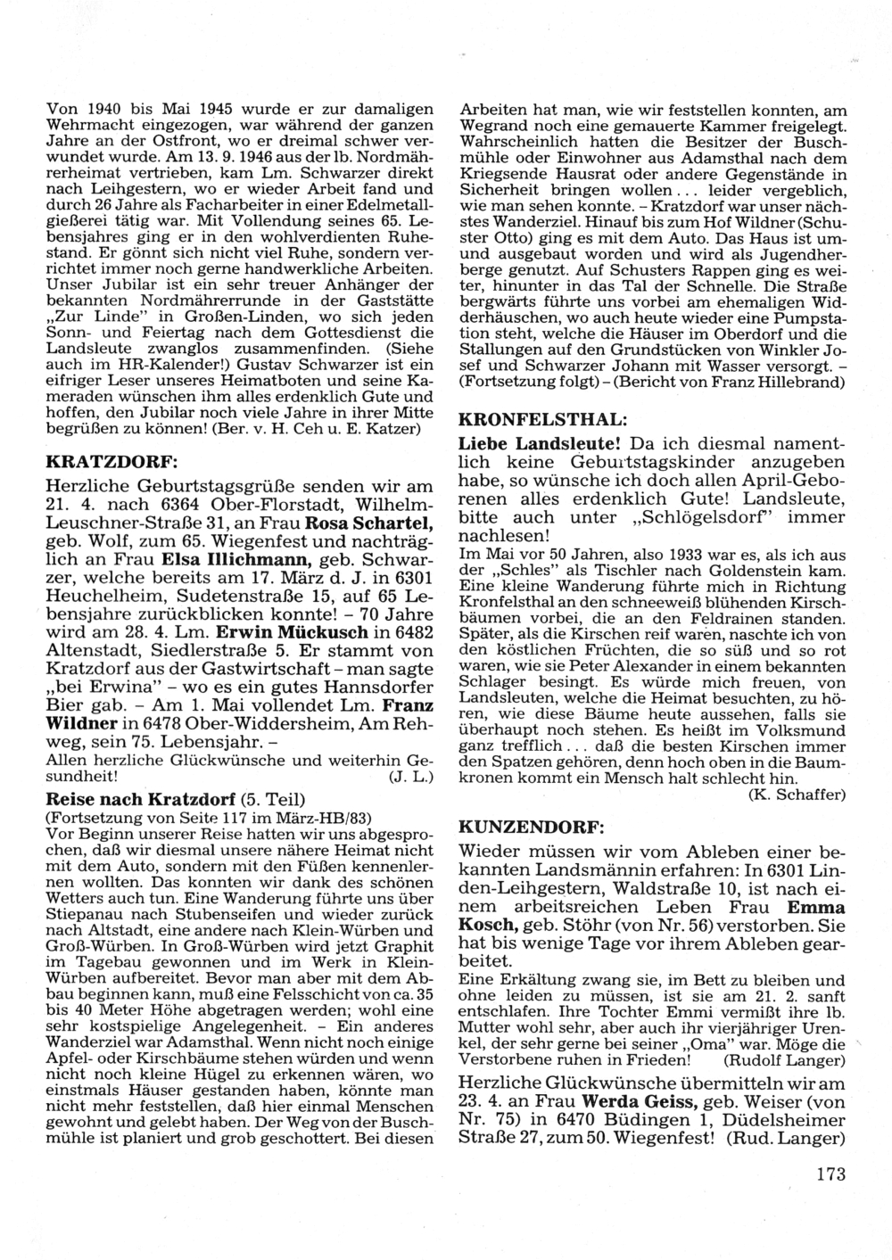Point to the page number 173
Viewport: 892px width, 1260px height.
tap(830, 1174)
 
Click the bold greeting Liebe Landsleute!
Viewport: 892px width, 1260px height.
tap(539, 443)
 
